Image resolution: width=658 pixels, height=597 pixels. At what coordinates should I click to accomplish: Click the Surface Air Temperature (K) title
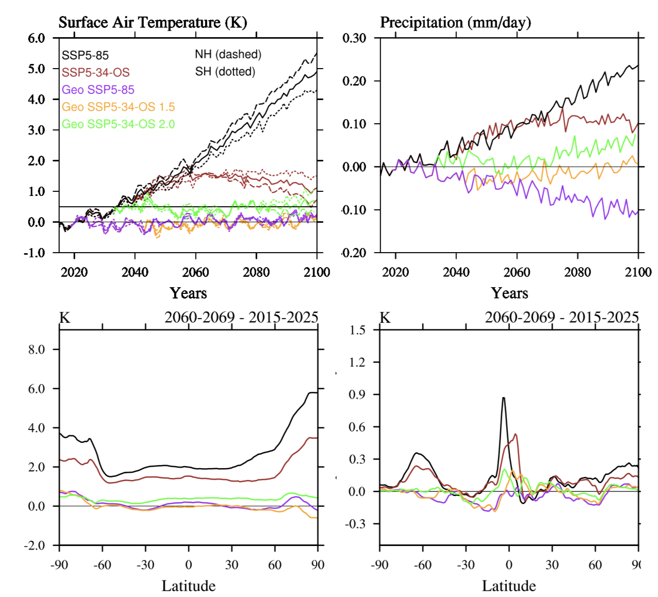pyautogui.click(x=153, y=23)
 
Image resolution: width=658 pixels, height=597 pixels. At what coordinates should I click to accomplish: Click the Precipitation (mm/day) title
pyautogui.click(x=455, y=23)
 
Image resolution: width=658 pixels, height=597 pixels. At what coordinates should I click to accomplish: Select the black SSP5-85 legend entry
pyautogui.click(x=85, y=55)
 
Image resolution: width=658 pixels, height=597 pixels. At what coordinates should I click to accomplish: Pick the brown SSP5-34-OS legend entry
pyautogui.click(x=95, y=72)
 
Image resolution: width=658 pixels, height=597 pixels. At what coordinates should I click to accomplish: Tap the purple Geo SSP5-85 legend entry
pyautogui.click(x=98, y=90)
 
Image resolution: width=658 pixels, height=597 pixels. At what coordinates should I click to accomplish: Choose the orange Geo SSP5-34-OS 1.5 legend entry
pyautogui.click(x=118, y=107)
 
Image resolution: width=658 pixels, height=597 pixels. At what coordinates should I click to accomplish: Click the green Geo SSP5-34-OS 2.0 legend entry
pyautogui.click(x=118, y=124)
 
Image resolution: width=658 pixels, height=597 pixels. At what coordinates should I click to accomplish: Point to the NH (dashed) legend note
pyautogui.click(x=228, y=54)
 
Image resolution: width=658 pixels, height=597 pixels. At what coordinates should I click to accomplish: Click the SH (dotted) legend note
pyautogui.click(x=225, y=71)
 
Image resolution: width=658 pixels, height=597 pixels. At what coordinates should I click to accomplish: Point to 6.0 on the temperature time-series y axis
pyautogui.click(x=37, y=38)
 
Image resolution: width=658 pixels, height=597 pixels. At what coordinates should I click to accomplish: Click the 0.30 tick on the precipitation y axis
pyautogui.click(x=354, y=38)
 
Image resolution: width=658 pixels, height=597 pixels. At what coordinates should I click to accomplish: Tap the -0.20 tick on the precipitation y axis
pyautogui.click(x=354, y=253)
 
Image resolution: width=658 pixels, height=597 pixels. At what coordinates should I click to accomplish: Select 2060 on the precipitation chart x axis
pyautogui.click(x=517, y=272)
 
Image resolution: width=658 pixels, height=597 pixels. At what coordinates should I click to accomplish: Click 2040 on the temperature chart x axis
pyautogui.click(x=135, y=272)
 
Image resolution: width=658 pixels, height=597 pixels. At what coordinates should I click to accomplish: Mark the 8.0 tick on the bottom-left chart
pyautogui.click(x=37, y=350)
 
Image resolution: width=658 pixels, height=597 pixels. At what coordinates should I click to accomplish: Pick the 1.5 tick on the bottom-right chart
pyautogui.click(x=357, y=330)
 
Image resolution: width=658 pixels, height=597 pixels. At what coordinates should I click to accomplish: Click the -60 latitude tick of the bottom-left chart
pyautogui.click(x=102, y=565)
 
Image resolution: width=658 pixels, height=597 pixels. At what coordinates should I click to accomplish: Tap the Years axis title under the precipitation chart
pyautogui.click(x=509, y=293)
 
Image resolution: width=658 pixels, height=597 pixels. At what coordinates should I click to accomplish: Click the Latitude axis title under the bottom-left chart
pyautogui.click(x=188, y=586)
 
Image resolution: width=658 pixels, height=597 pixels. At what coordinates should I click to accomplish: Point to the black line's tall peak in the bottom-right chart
pyautogui.click(x=503, y=398)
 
